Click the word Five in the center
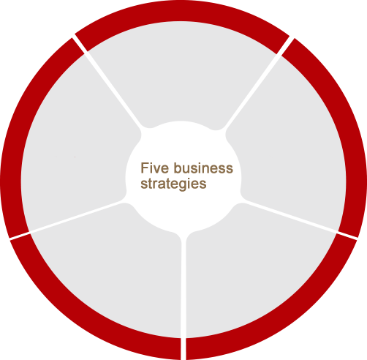[x=154, y=168]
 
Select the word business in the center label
[x=203, y=168]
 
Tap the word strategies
[x=173, y=184]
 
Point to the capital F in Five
[x=144, y=168]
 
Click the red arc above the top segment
[x=181, y=11]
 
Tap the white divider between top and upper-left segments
[x=107, y=82]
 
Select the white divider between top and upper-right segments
[x=257, y=83]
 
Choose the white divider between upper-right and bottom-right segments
[x=299, y=219]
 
